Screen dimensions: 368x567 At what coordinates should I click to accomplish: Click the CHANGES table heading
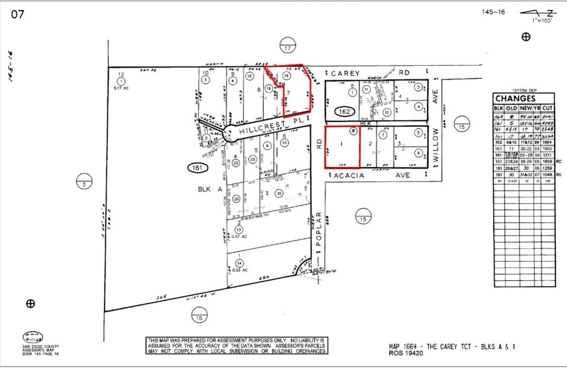tap(516, 98)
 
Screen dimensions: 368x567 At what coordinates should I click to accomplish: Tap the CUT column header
tap(548, 108)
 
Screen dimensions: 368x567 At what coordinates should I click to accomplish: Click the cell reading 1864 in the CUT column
tap(548, 143)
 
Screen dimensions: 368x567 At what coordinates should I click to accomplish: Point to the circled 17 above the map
tap(288, 48)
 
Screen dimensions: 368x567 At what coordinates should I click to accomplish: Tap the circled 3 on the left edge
tap(84, 183)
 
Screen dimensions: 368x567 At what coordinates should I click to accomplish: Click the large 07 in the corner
tap(18, 14)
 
